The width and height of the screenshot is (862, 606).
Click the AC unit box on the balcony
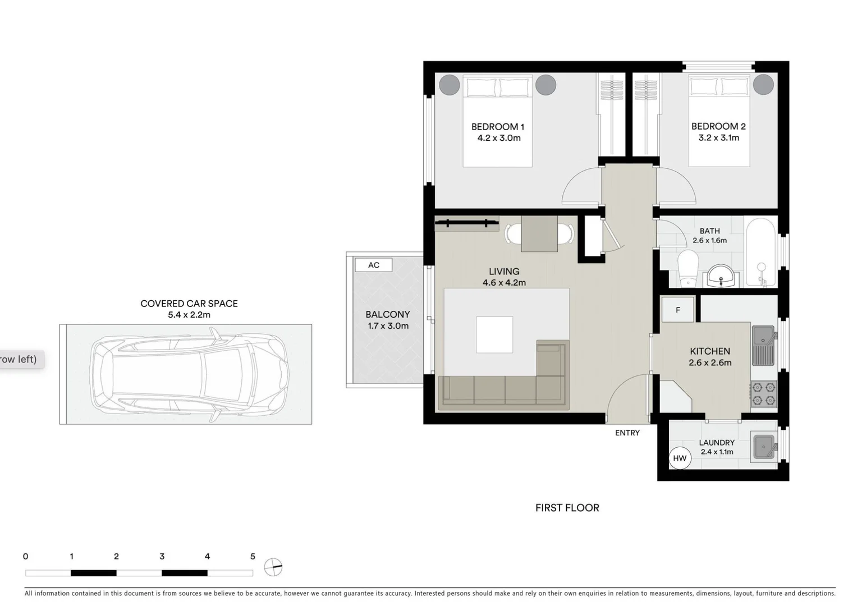click(x=373, y=265)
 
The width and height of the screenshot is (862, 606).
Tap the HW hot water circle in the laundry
click(x=680, y=458)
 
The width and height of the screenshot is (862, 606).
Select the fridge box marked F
click(x=678, y=310)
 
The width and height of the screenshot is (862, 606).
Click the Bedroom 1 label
click(x=498, y=127)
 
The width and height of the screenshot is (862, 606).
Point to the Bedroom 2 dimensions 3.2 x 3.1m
click(x=718, y=138)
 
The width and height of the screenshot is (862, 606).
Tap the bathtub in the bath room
click(x=760, y=252)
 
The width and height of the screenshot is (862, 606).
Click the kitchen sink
click(x=763, y=345)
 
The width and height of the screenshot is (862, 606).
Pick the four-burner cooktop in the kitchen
click(x=763, y=393)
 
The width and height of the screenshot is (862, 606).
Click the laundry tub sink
click(x=763, y=446)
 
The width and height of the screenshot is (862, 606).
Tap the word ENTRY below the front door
click(x=627, y=433)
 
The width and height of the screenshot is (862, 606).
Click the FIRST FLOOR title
click(x=567, y=508)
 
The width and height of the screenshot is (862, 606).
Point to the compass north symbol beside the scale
click(x=273, y=567)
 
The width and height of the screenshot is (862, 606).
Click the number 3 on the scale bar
click(x=162, y=557)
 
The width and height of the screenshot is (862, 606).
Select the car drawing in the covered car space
click(x=190, y=374)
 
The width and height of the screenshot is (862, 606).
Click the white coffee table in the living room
click(x=494, y=334)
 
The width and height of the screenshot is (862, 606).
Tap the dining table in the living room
click(x=539, y=234)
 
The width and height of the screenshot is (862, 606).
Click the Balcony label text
click(x=387, y=315)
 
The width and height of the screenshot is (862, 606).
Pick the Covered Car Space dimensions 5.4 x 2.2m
click(x=189, y=315)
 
